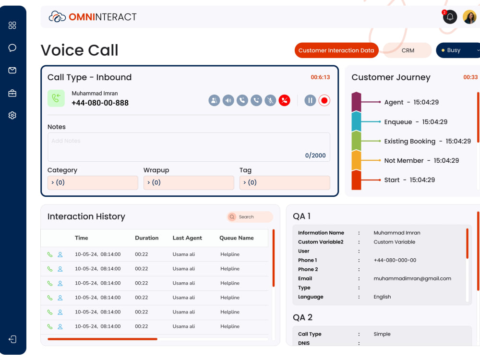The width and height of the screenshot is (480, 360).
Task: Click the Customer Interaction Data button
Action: [336, 50]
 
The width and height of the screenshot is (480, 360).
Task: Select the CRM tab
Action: [408, 50]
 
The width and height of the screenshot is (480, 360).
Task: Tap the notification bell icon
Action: [450, 17]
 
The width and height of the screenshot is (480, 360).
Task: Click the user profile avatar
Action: [469, 17]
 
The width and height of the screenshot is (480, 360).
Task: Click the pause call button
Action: [310, 100]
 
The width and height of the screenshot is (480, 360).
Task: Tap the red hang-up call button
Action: [284, 100]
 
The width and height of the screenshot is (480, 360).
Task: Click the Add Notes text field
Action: [189, 147]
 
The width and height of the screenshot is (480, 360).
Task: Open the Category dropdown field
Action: [93, 182]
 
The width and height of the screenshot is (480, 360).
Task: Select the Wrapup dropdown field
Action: [189, 182]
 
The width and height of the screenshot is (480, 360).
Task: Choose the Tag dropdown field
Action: [285, 182]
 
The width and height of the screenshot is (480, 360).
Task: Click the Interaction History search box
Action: [250, 217]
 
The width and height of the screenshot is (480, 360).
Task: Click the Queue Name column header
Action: [237, 238]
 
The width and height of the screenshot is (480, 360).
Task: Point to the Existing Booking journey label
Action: [409, 141]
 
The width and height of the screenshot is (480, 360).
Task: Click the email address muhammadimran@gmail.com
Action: [412, 278]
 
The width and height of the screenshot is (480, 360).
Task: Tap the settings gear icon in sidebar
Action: [12, 115]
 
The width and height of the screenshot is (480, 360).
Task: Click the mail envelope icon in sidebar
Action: [12, 71]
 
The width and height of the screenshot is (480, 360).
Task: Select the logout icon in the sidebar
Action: [12, 339]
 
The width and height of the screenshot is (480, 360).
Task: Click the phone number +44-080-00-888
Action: [100, 103]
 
